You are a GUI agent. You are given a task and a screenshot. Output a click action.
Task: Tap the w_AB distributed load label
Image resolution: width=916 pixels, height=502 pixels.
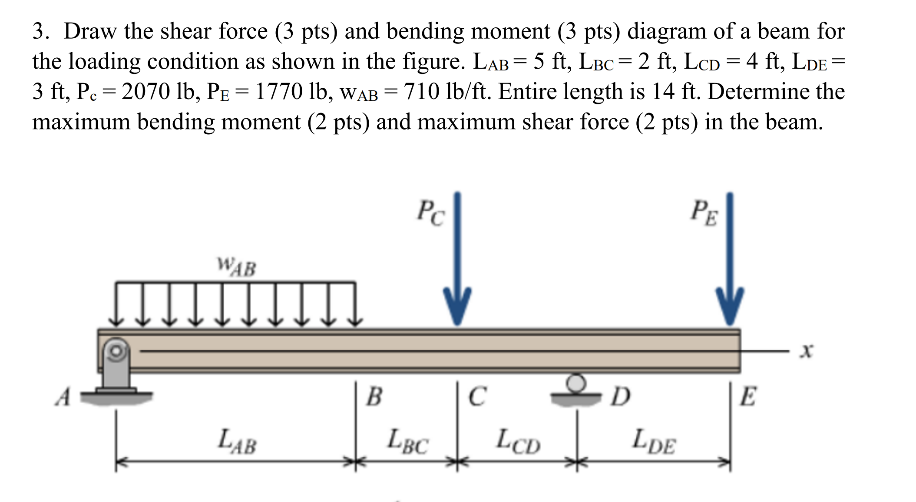[237, 266]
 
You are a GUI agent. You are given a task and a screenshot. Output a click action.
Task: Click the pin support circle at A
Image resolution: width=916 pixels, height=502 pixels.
[116, 350]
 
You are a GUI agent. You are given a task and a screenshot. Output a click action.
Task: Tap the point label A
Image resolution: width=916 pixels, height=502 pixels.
[63, 397]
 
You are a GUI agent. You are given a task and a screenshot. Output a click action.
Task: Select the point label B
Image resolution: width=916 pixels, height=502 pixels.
[374, 396]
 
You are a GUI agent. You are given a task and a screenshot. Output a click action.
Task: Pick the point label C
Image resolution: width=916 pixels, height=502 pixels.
[477, 396]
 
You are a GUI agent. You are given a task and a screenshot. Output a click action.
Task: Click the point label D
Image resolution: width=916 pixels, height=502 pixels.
[620, 396]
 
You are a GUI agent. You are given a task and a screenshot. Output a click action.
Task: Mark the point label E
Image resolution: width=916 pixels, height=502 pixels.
[748, 396]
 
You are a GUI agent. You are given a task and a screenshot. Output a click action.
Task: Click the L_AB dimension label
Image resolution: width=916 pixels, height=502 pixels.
[237, 441]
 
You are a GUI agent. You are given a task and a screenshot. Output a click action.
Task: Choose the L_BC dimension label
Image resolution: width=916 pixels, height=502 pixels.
[407, 441]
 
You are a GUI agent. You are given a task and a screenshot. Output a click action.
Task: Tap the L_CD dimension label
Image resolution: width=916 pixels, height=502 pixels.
[518, 441]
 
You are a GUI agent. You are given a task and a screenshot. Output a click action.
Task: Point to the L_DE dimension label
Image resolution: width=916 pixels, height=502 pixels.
[654, 441]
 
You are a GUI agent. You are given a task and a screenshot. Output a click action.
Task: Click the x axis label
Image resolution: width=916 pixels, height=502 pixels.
[807, 350]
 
